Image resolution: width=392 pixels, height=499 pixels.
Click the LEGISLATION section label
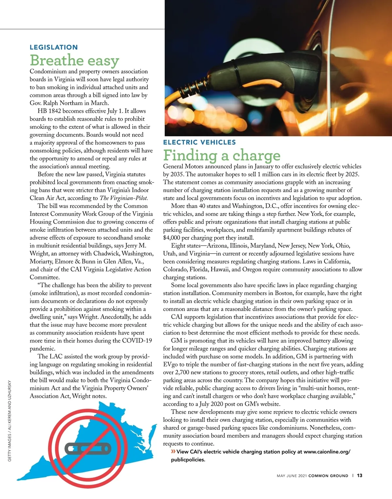(x=54, y=47)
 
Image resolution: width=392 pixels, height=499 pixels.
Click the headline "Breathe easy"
(x=74, y=60)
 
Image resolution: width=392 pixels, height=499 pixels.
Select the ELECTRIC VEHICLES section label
(x=199, y=142)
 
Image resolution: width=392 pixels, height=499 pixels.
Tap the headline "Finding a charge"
(x=222, y=155)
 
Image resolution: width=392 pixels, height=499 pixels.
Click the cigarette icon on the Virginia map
(x=88, y=448)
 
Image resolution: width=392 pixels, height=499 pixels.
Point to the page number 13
(x=359, y=475)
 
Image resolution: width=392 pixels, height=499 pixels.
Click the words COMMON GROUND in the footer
(x=328, y=476)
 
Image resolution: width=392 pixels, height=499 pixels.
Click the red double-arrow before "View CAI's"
(x=173, y=452)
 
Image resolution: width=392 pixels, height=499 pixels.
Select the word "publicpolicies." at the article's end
(x=188, y=460)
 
